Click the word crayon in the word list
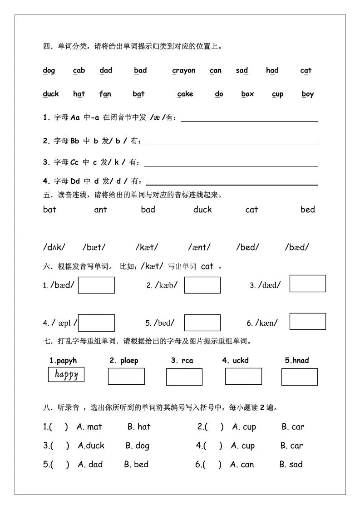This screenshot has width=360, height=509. pyautogui.click(x=184, y=70)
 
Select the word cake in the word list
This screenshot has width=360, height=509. pyautogui.click(x=185, y=94)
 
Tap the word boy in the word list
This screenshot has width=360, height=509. pyautogui.click(x=307, y=94)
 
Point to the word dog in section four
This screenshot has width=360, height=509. pyautogui.click(x=49, y=70)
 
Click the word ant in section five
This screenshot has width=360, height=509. pyautogui.click(x=100, y=210)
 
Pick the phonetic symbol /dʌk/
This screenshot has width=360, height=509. pyautogui.click(x=54, y=247)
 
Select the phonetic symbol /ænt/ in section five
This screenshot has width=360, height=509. pyautogui.click(x=199, y=247)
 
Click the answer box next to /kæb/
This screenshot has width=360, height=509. pyautogui.click(x=202, y=285)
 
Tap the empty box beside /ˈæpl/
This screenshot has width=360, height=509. pyautogui.click(x=96, y=323)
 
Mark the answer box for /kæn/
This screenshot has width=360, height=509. pyautogui.click(x=307, y=321)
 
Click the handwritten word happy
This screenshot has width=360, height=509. pyautogui.click(x=66, y=374)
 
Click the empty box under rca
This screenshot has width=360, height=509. pyautogui.click(x=184, y=377)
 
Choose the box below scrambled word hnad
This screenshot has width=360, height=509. pyautogui.click(x=299, y=377)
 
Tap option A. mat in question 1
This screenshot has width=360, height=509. pyautogui.click(x=89, y=427)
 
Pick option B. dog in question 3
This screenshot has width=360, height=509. pyautogui.click(x=138, y=446)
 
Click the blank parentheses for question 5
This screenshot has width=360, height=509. pyautogui.click(x=59, y=465)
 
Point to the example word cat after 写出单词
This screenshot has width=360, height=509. pyautogui.click(x=207, y=266)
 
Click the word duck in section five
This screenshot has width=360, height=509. pyautogui.click(x=202, y=210)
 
